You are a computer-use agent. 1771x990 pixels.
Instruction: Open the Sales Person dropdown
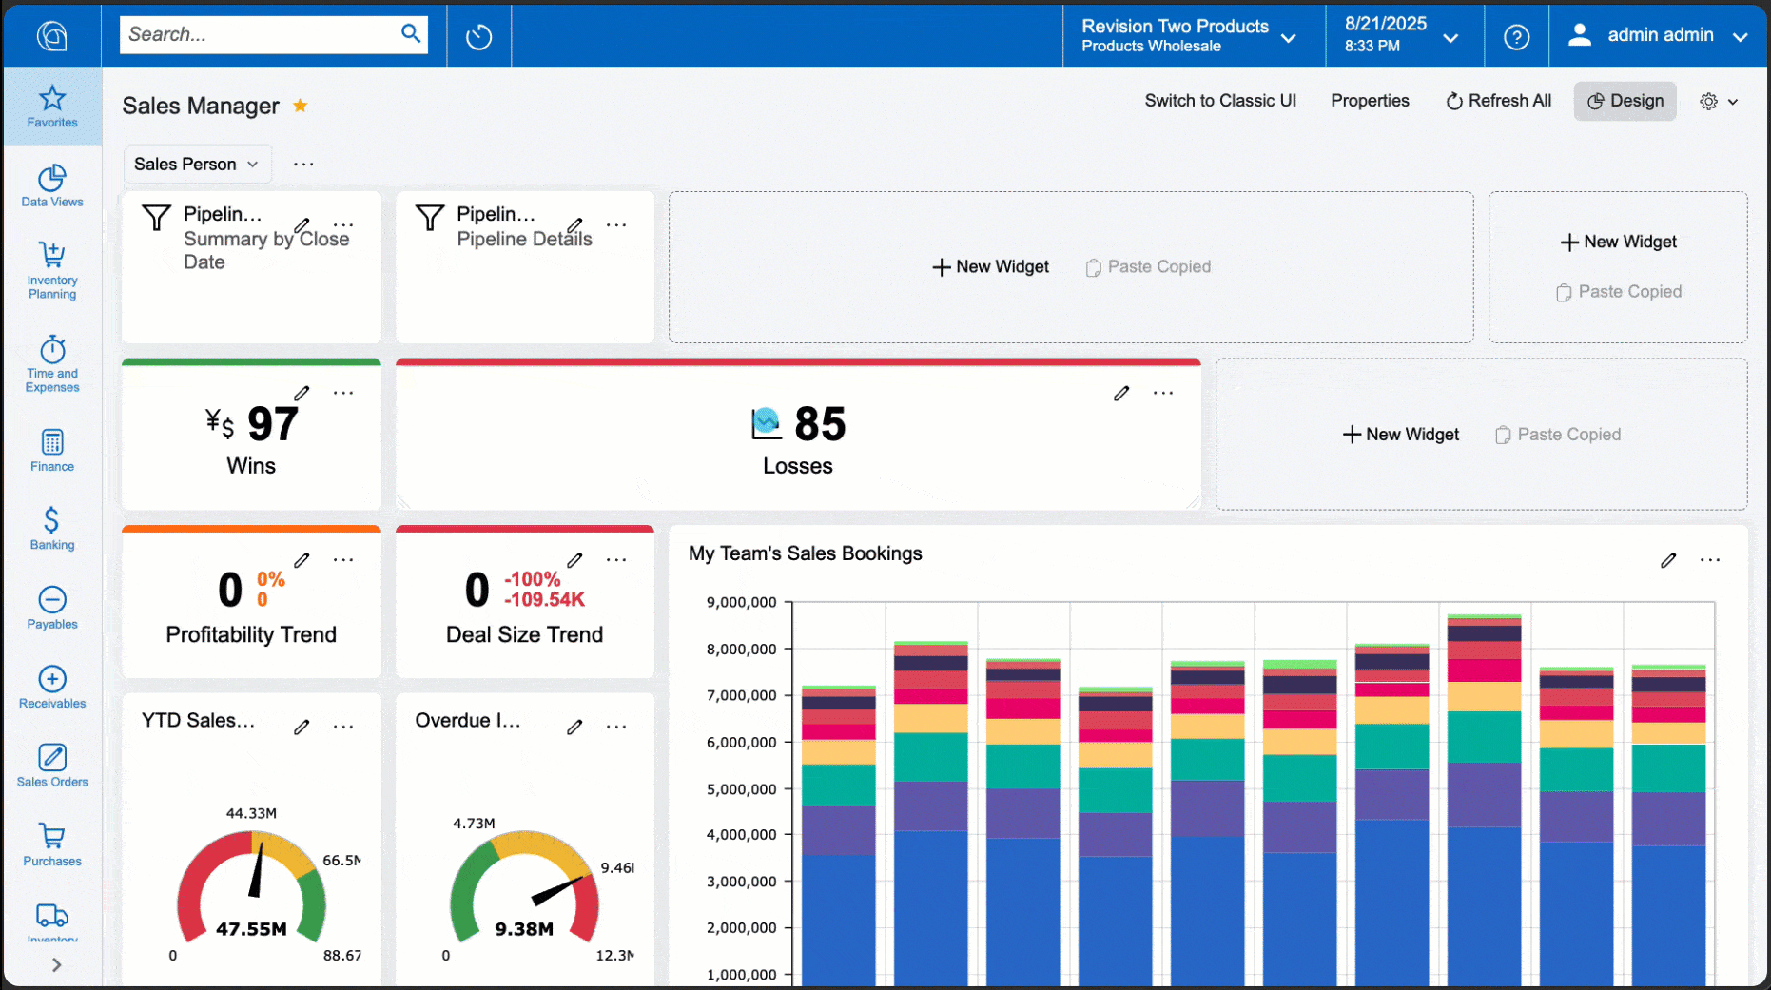196,165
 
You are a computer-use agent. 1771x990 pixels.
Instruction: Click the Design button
1625,101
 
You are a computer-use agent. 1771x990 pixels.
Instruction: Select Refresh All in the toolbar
1498,101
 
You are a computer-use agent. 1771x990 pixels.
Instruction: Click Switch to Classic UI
1219,101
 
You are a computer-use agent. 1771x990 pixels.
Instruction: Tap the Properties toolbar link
1369,101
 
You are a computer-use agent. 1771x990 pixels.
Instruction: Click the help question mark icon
1516,37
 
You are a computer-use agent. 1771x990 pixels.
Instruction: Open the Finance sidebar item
52,451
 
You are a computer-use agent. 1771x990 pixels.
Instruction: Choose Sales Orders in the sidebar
52,766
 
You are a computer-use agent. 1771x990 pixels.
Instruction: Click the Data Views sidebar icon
52,185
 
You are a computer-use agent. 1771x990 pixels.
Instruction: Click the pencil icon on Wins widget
302,393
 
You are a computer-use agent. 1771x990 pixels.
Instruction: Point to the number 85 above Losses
819,424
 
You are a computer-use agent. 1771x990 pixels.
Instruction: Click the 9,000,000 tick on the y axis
742,602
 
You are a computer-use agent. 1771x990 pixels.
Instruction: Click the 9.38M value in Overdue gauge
524,929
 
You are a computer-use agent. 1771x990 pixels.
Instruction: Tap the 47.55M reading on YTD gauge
251,929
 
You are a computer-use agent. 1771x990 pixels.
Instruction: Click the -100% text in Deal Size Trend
532,579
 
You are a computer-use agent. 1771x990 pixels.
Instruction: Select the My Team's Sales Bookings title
805,553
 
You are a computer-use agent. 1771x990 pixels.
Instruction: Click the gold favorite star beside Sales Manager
300,106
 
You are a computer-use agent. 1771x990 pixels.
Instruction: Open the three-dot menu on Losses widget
1162,393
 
